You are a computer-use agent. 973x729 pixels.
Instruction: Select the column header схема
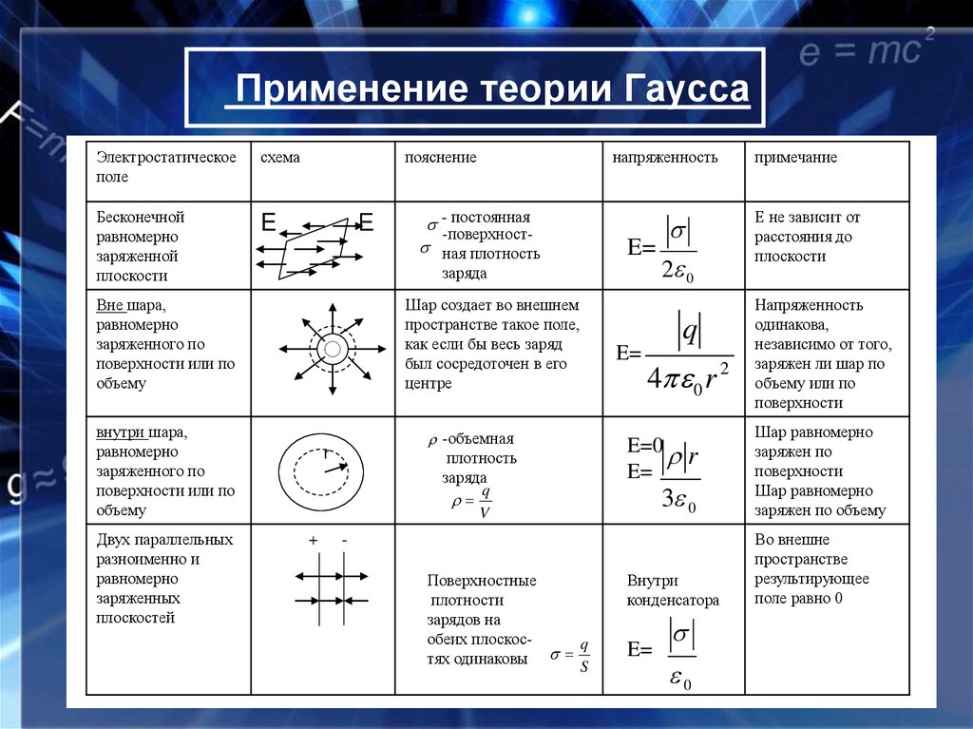tap(280, 158)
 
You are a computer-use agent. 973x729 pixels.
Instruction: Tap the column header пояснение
tap(440, 158)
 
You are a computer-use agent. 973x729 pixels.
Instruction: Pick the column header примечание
tap(796, 158)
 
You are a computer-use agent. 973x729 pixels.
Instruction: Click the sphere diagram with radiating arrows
tap(333, 348)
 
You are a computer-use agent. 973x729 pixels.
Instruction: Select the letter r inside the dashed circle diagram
tap(326, 455)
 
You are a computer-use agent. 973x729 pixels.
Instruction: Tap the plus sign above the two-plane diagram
tap(312, 541)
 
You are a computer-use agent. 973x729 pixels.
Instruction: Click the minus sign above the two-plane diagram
tap(344, 541)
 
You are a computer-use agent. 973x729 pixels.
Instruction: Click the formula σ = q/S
tap(571, 655)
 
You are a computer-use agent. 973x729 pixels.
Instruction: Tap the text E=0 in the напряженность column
tap(644, 446)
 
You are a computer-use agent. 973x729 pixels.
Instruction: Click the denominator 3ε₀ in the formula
tap(678, 501)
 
